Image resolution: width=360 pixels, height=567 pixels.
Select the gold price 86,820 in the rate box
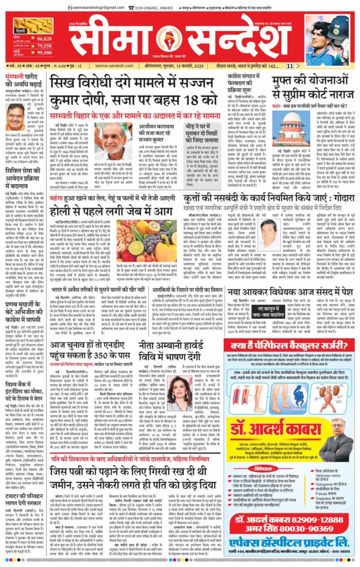pyautogui.click(x=44, y=38)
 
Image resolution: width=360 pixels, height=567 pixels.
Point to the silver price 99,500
pyautogui.click(x=44, y=53)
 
